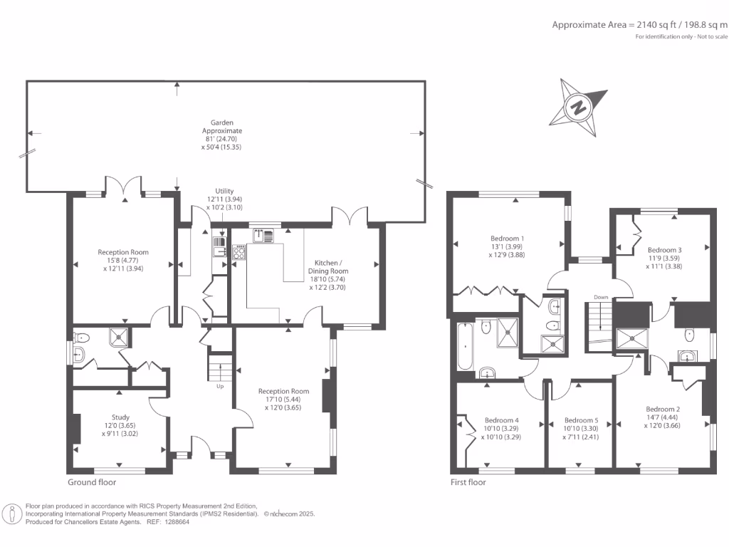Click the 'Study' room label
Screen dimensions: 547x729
pyautogui.click(x=120, y=417)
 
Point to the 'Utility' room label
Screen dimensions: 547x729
pyautogui.click(x=225, y=192)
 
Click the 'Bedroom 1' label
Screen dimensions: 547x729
pyautogui.click(x=508, y=238)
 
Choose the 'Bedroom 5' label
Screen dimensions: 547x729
pyautogui.click(x=580, y=420)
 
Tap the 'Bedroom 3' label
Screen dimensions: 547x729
pyautogui.click(x=664, y=250)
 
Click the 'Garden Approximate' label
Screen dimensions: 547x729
pyautogui.click(x=222, y=127)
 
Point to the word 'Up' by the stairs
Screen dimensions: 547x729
pyautogui.click(x=221, y=387)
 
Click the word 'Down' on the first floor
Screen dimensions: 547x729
pyautogui.click(x=601, y=297)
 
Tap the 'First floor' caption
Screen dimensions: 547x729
pyautogui.click(x=468, y=481)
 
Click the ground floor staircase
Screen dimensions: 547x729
pyautogui.click(x=221, y=367)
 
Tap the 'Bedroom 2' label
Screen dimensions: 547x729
pyautogui.click(x=663, y=409)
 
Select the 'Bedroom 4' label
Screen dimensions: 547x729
pyautogui.click(x=501, y=420)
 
